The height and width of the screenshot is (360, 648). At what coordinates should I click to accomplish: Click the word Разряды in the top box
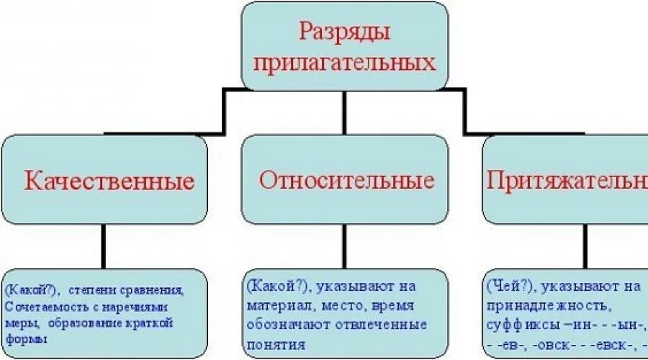tap(343, 33)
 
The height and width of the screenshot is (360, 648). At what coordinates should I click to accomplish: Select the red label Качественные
tap(109, 180)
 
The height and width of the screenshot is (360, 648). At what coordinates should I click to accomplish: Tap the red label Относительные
tap(346, 179)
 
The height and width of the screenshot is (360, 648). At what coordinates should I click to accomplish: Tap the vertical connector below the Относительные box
tap(346, 246)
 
